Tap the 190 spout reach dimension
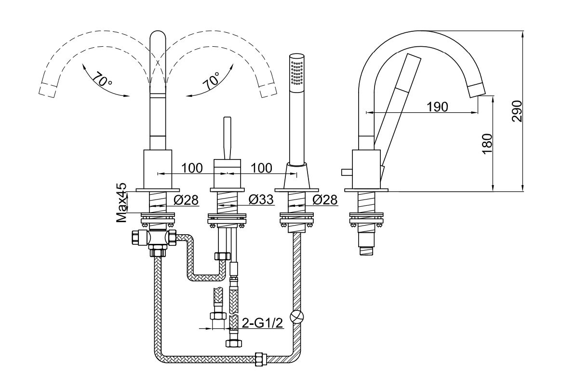[x=438, y=107]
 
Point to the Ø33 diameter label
[x=261, y=200]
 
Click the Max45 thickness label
[x=121, y=202]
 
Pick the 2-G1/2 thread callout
[x=262, y=323]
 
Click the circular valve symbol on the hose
[x=297, y=316]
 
